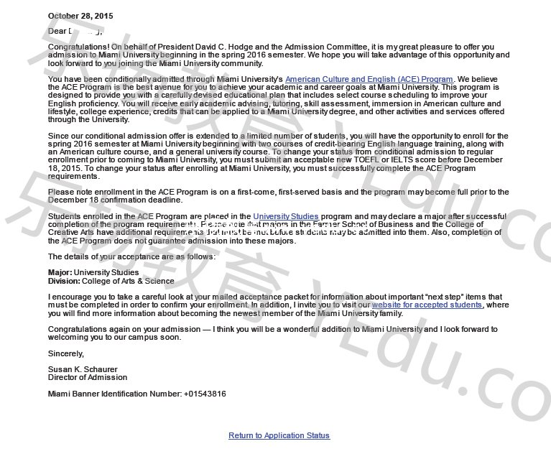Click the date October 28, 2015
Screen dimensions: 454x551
click(x=80, y=16)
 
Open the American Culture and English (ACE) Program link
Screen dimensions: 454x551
click(x=369, y=79)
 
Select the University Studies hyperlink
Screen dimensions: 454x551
click(x=286, y=216)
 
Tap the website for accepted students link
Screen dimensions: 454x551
click(x=427, y=305)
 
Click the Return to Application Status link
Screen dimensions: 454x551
click(x=279, y=435)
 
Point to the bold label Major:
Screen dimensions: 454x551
click(x=60, y=273)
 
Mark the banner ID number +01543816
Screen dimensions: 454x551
click(x=205, y=394)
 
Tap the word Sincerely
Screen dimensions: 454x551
click(x=65, y=353)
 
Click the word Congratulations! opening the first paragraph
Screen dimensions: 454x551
click(x=78, y=47)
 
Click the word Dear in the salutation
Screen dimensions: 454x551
click(x=57, y=31)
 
